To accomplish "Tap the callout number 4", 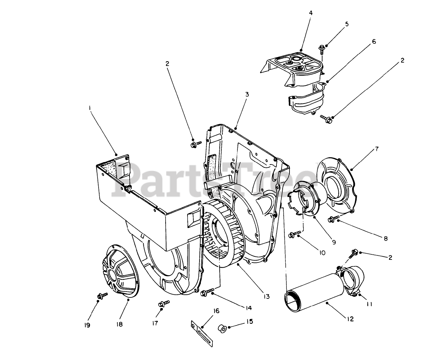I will [310, 13].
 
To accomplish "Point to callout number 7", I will [367, 149].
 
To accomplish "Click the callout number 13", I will [266, 296].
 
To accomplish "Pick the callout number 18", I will [119, 324].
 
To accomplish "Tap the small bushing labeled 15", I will [222, 329].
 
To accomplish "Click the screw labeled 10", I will [293, 235].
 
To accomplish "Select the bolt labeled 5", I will [322, 49].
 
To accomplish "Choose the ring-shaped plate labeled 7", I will [337, 187].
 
